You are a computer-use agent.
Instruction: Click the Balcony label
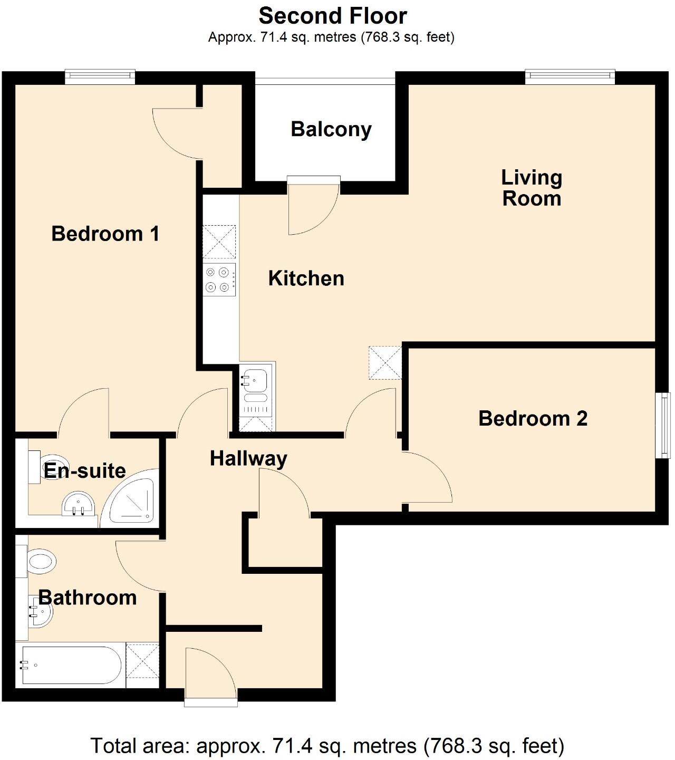pos(331,129)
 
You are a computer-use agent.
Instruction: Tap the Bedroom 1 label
pos(105,234)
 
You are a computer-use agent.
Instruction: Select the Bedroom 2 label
pos(533,418)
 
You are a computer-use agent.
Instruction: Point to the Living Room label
pos(532,188)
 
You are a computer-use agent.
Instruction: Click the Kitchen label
pos(306,278)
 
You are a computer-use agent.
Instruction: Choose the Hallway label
pos(248,458)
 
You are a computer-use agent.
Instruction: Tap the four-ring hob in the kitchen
pos(218,280)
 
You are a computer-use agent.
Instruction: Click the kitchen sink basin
pos(255,379)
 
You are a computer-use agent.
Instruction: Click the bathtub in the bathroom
pos(71,665)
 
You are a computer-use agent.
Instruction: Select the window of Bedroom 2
pos(666,425)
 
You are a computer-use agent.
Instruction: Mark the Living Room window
pos(570,76)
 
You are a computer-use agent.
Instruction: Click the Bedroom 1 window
pos(100,76)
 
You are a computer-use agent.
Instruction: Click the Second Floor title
pos(333,16)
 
